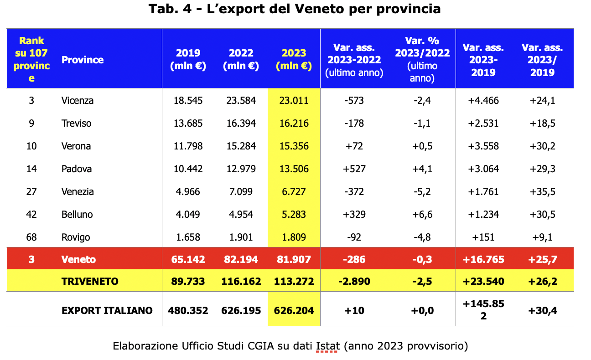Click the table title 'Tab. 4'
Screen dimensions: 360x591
(x=170, y=9)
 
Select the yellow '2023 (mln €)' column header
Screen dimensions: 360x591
(x=294, y=59)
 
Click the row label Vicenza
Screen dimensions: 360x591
(x=78, y=101)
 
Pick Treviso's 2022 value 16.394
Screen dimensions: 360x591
(x=241, y=123)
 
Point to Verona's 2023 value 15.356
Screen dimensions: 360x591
(x=294, y=146)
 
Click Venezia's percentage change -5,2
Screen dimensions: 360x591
(x=422, y=192)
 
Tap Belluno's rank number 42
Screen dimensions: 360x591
(x=31, y=215)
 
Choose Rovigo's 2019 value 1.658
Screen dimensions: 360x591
(x=188, y=237)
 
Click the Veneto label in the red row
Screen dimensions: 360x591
(x=79, y=259)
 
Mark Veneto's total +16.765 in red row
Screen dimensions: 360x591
(x=483, y=259)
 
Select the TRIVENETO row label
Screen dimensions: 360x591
(x=90, y=281)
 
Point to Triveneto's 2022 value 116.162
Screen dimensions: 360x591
(x=241, y=281)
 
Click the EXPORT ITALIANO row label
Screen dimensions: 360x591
(x=107, y=310)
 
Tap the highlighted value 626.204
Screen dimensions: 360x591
(x=294, y=310)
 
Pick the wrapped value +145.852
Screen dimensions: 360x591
(x=483, y=309)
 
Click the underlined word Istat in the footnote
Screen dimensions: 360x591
(x=328, y=346)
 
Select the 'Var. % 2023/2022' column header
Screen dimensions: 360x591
(x=422, y=59)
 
